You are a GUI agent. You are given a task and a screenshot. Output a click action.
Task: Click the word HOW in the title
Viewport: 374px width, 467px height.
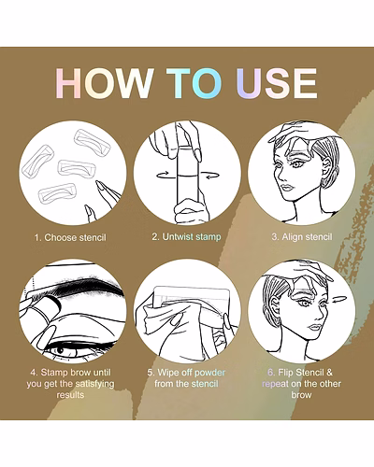(x=105, y=83)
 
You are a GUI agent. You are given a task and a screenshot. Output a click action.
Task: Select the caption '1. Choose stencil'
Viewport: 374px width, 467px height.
(x=70, y=237)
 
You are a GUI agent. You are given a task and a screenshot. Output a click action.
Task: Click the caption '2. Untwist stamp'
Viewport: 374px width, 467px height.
(x=186, y=237)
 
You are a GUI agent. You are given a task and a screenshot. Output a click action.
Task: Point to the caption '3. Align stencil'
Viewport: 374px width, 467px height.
(x=302, y=237)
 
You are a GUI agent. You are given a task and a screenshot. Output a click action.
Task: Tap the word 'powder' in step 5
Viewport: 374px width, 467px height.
(x=209, y=373)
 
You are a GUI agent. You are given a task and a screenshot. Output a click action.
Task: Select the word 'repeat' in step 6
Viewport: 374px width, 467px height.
(x=275, y=384)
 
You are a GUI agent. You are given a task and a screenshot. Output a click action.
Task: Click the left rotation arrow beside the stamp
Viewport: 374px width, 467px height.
(x=163, y=176)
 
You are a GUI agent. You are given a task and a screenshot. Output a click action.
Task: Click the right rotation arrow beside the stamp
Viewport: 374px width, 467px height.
(x=209, y=176)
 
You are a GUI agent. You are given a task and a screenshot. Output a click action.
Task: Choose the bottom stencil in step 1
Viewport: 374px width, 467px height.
(x=57, y=192)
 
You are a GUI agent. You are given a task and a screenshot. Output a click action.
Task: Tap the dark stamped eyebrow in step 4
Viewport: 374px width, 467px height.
(x=91, y=286)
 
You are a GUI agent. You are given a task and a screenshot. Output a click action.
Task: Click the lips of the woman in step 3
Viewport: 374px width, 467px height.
(x=287, y=188)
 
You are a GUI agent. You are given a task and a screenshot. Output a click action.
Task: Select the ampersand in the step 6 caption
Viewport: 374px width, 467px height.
(x=329, y=373)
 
